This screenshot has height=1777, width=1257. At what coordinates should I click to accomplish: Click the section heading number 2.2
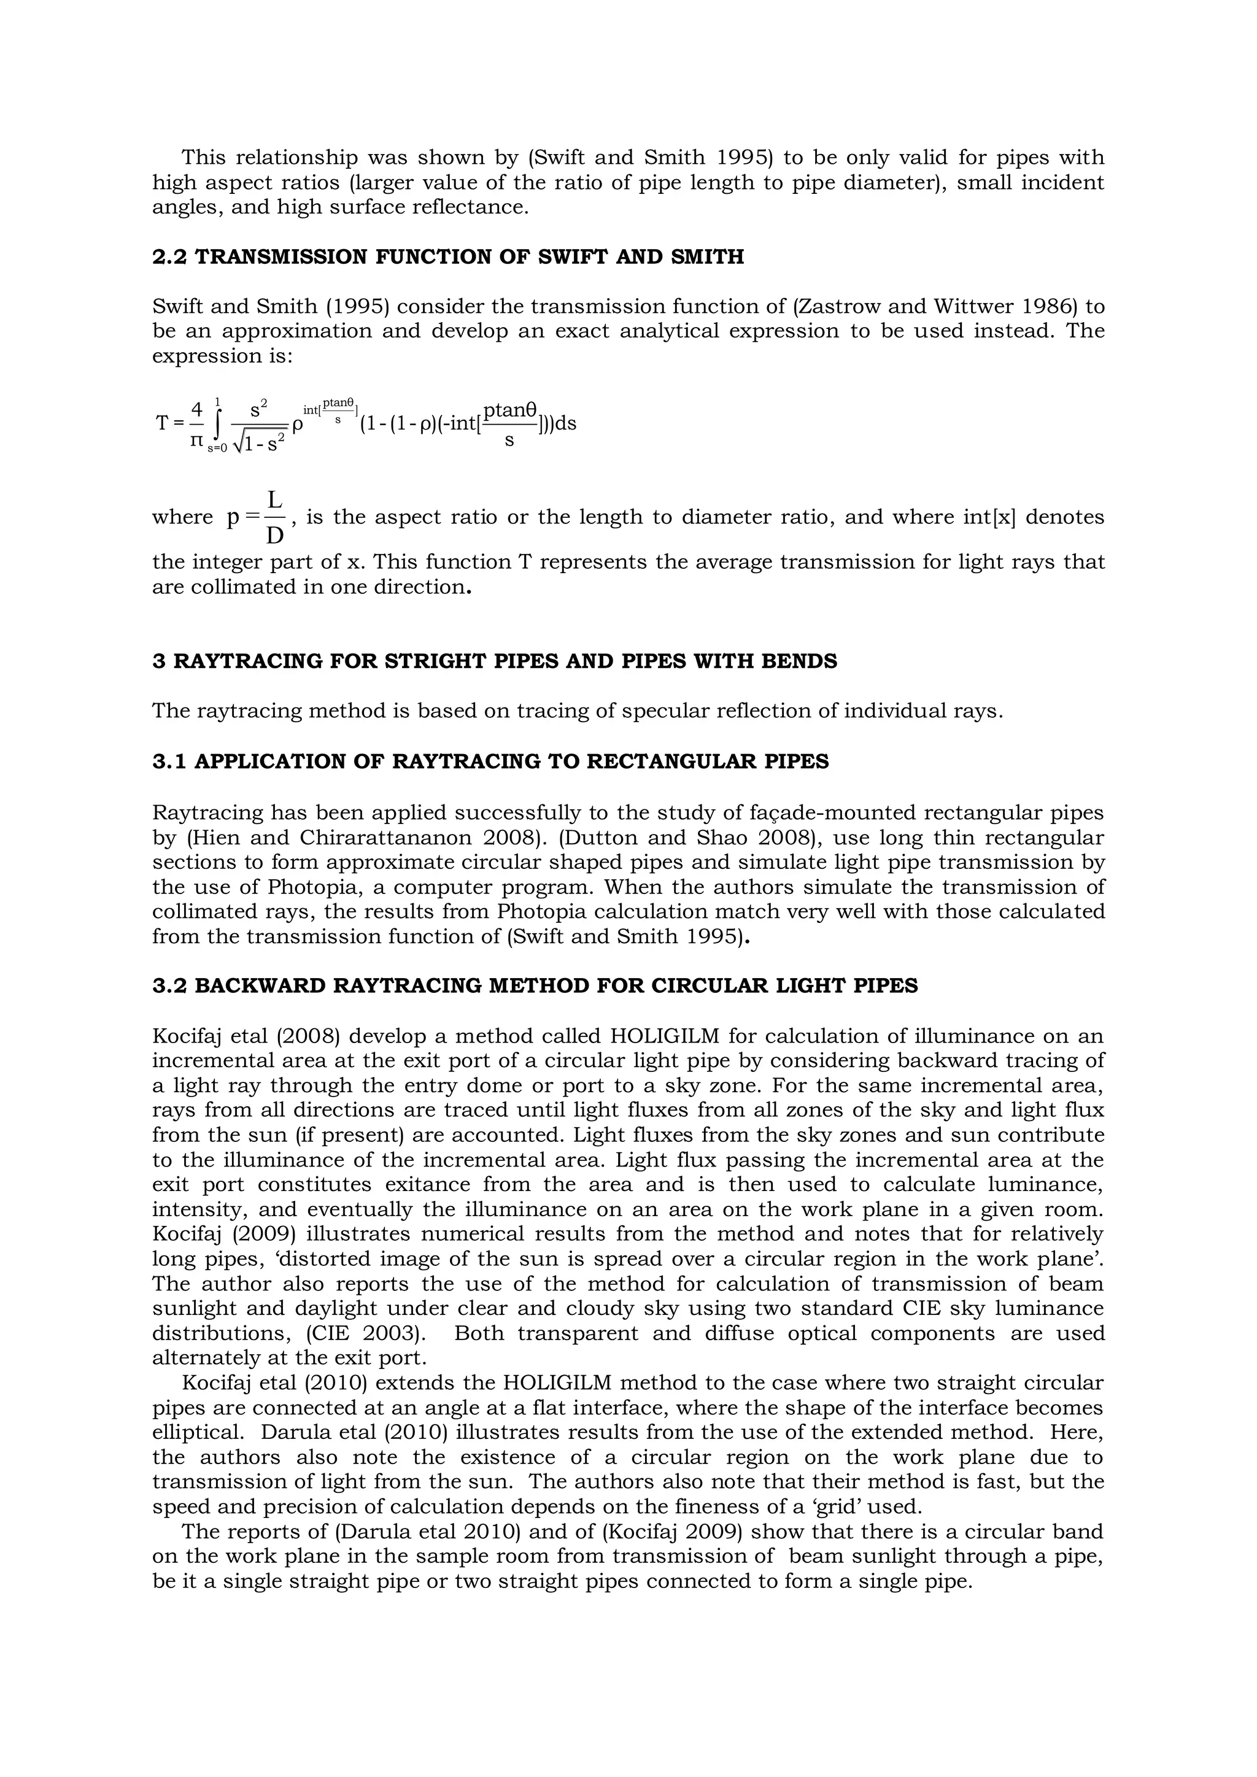[x=169, y=257]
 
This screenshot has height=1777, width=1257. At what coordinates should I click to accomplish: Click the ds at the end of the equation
[x=566, y=424]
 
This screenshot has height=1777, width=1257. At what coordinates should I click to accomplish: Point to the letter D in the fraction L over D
[x=275, y=536]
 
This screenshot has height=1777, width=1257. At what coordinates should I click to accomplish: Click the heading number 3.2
[x=169, y=986]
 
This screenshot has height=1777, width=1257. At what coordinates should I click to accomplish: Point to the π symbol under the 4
[x=196, y=441]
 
